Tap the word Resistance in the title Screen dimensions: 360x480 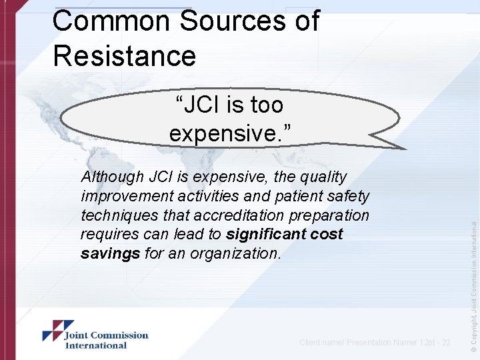point(124,55)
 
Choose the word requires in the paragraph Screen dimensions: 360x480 point(105,235)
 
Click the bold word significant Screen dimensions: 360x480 point(265,235)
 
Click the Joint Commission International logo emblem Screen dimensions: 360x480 point(53,331)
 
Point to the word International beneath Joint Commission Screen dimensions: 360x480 point(95,345)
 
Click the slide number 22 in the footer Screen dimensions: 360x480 point(445,343)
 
